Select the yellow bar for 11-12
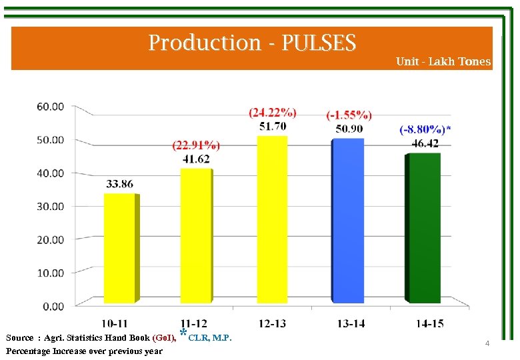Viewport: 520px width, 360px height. click(196, 235)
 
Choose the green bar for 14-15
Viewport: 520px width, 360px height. click(425, 227)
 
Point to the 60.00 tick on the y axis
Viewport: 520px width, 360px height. click(50, 106)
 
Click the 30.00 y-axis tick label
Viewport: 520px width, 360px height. click(50, 206)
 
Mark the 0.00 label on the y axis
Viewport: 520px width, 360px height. click(53, 306)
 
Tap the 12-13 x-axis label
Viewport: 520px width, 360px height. click(272, 323)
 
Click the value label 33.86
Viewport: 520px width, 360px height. click(119, 185)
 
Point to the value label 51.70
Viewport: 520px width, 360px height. click(273, 126)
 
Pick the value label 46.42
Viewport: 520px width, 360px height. click(425, 143)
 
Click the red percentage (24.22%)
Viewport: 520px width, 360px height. click(273, 113)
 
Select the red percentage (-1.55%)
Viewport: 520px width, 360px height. click(349, 115)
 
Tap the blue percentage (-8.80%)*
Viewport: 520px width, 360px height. click(425, 130)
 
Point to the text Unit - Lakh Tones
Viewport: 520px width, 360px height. click(443, 61)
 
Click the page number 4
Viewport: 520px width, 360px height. click(487, 343)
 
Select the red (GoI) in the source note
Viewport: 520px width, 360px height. click(165, 338)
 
